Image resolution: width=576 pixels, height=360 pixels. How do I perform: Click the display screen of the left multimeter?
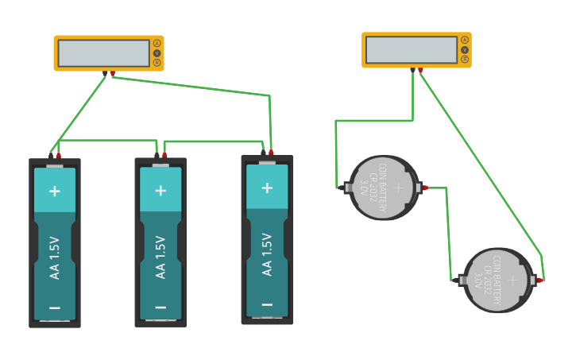tap(103, 53)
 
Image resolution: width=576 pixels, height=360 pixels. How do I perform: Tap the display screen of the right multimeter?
tap(411, 49)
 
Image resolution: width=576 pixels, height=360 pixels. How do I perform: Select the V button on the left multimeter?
tap(157, 52)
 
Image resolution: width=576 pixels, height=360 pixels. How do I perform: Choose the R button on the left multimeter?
tap(157, 62)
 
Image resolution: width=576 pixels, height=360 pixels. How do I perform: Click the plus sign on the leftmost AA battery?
tap(55, 191)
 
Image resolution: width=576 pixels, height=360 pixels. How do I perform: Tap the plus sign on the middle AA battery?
tap(160, 191)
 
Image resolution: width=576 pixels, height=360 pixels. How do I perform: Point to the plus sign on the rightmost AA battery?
tap(267, 188)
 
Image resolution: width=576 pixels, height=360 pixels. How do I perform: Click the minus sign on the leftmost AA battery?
tap(55, 308)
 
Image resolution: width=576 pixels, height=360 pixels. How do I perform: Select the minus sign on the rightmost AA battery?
tap(267, 304)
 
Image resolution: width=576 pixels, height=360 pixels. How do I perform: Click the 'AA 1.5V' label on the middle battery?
tap(160, 257)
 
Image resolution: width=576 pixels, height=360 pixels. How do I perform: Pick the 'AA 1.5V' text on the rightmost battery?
tap(267, 254)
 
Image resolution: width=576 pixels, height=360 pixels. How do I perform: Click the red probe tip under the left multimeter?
tap(112, 74)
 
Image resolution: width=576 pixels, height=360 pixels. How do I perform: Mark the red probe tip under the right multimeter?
tap(420, 70)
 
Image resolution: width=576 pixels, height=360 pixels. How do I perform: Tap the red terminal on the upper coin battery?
tap(425, 188)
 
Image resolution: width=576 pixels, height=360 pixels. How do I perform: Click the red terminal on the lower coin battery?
tap(539, 280)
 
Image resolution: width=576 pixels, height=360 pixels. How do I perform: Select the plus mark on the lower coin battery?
tap(512, 280)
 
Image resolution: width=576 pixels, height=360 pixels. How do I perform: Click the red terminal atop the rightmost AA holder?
tap(271, 152)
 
